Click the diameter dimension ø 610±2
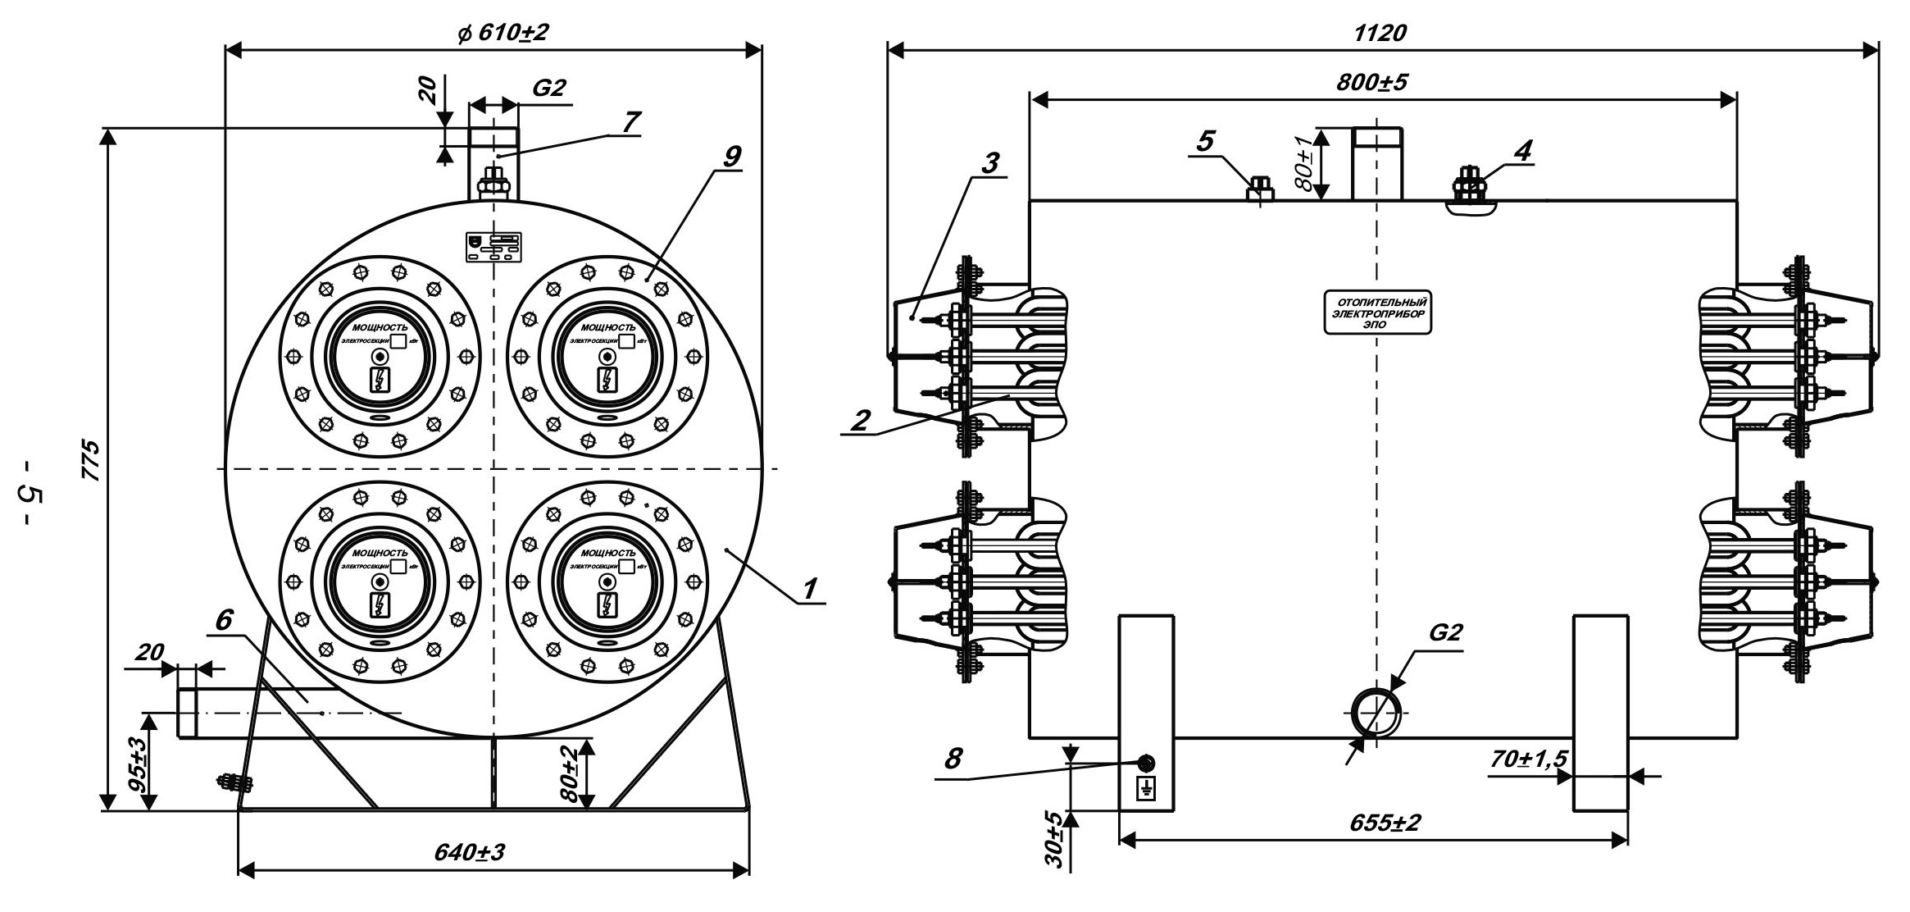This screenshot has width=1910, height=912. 503,33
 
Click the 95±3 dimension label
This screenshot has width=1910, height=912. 138,763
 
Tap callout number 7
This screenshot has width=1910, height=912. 629,121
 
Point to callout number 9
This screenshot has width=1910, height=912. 732,155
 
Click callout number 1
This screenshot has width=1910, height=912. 810,589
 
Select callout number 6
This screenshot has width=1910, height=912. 223,621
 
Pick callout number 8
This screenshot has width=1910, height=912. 953,759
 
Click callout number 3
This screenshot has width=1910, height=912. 990,162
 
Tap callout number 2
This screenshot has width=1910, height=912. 860,420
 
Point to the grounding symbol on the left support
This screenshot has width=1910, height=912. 1145,790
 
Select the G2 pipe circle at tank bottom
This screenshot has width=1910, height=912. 1377,713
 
